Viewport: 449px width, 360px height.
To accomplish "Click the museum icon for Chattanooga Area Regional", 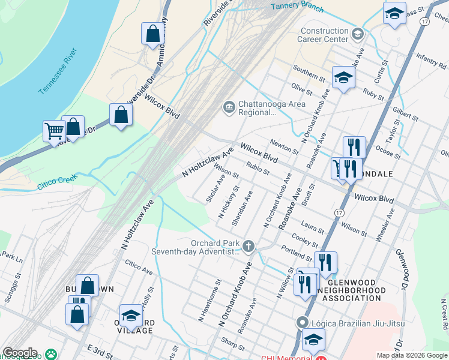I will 229,107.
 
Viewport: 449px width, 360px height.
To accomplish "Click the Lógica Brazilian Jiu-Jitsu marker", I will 303,323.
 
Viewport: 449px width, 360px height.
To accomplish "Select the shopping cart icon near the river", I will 54,130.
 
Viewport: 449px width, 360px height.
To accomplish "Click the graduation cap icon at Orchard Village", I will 131,315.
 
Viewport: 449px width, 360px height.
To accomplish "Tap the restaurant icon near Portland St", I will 325,262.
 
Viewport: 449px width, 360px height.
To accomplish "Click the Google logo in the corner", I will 20,353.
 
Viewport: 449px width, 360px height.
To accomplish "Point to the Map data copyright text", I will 411,355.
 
